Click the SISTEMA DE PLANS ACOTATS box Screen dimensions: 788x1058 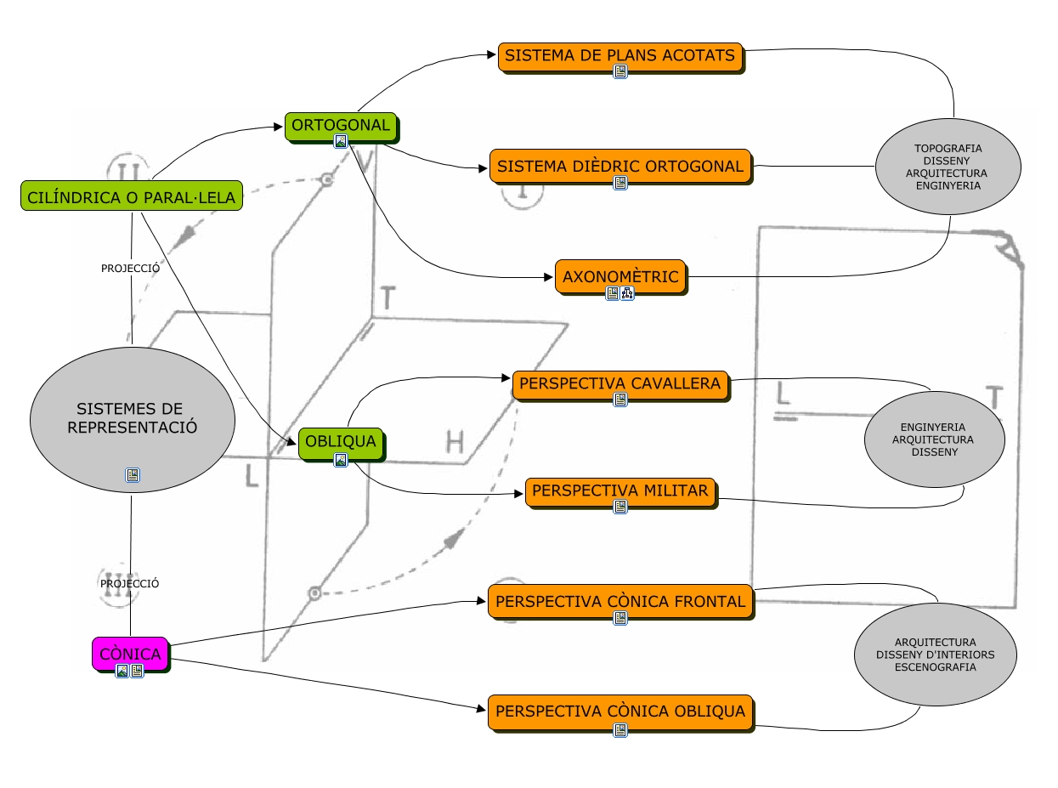[620, 56]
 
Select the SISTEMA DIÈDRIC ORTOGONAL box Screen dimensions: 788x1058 [620, 166]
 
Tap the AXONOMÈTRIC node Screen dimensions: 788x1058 [620, 276]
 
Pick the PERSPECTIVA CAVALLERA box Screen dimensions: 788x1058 [620, 383]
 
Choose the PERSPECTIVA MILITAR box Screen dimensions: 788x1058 [620, 491]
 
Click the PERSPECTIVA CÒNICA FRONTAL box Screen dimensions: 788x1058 [620, 601]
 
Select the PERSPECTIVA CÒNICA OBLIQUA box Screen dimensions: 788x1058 [620, 711]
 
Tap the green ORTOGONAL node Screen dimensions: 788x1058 [341, 126]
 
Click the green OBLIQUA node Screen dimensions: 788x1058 [340, 442]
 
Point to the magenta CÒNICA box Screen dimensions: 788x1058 [130, 654]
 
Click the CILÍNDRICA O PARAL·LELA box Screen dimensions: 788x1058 [131, 196]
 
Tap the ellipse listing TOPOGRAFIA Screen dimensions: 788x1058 [948, 166]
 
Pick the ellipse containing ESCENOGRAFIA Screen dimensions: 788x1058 [935, 655]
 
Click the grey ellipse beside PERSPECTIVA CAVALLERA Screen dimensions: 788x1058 [934, 439]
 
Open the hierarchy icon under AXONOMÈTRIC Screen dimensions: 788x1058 [628, 293]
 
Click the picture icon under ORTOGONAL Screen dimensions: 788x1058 [341, 141]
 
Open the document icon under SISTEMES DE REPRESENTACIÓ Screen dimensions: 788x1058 [133, 475]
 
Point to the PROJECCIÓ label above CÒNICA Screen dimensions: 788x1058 [130, 584]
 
